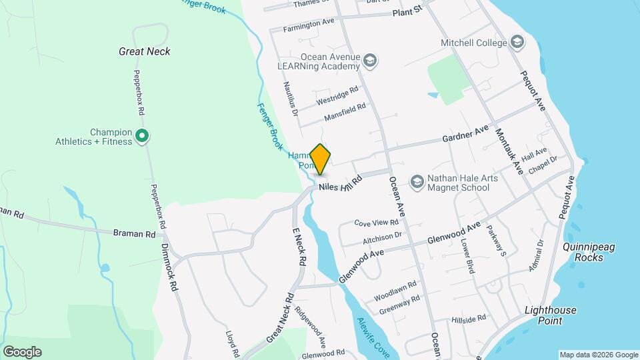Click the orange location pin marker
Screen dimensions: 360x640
coord(321,159)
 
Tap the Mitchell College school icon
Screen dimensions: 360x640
coord(517,43)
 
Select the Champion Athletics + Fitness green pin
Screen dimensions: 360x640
coord(141,136)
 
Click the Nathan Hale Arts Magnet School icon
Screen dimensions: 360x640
coord(417,181)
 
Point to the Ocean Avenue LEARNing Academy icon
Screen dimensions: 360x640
coord(371,62)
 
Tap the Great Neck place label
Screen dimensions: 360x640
coord(145,51)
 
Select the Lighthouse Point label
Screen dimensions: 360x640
coord(551,315)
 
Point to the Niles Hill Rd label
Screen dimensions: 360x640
coord(340,182)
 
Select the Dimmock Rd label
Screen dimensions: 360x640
coord(169,266)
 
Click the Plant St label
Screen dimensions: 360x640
coord(408,12)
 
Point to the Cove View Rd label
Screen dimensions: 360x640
coord(375,223)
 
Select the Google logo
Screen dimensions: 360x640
coord(22,351)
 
